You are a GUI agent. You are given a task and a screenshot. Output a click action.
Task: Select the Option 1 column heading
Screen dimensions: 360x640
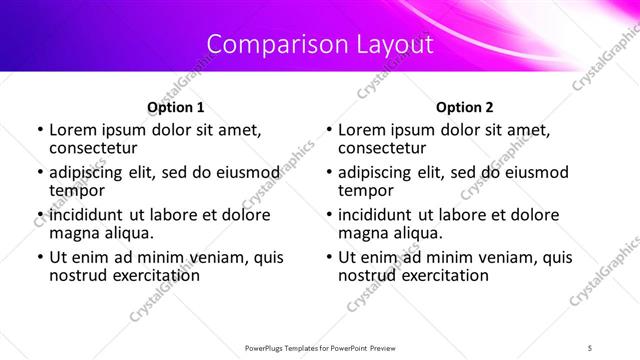(x=176, y=107)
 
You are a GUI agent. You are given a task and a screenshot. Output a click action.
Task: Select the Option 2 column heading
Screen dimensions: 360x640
(x=465, y=107)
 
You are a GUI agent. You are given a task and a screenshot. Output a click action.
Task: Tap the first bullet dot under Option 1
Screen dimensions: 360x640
(x=40, y=130)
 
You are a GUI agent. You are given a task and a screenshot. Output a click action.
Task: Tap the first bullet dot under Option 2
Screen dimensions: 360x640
(x=329, y=130)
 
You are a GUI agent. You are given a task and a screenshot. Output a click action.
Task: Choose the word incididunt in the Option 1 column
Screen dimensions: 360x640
(x=87, y=215)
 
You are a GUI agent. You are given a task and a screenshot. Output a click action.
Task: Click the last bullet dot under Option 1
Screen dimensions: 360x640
(x=40, y=257)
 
